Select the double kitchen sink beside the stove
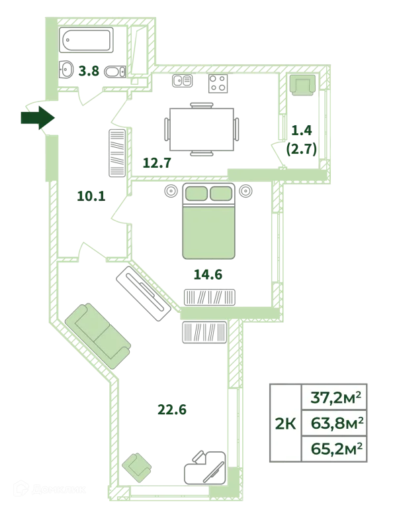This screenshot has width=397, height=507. [182, 82]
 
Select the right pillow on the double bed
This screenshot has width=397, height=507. [221, 193]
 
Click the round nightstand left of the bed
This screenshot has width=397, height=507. [171, 191]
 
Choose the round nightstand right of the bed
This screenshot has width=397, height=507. [246, 191]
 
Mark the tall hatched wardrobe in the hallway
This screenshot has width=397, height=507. [117, 152]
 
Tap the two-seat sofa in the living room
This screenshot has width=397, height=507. [97, 337]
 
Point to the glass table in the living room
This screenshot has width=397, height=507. [204, 467]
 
